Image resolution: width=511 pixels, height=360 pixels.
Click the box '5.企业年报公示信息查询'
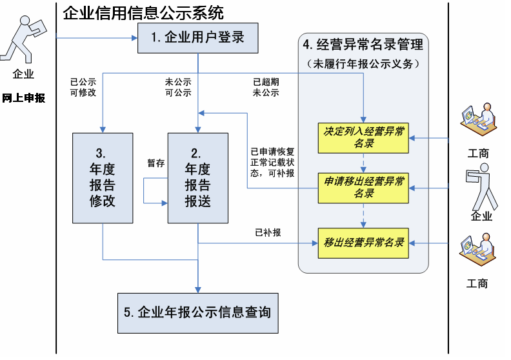[197, 313]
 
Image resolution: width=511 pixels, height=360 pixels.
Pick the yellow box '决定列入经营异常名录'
[364, 137]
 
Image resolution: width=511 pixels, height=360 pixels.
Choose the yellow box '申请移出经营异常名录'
[364, 188]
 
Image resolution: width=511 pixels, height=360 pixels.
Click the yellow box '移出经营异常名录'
[364, 243]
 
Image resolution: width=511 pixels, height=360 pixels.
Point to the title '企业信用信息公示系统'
[143, 12]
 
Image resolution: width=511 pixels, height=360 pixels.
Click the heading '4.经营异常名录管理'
[363, 45]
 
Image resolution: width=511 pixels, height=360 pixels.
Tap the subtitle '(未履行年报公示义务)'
[363, 64]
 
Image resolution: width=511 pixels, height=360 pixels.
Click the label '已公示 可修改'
[83, 88]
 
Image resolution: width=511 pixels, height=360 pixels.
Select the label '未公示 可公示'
[178, 88]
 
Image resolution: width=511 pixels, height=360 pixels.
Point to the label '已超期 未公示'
[266, 88]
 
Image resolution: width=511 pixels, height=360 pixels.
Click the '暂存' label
[156, 163]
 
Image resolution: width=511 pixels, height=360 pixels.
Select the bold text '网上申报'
[24, 98]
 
